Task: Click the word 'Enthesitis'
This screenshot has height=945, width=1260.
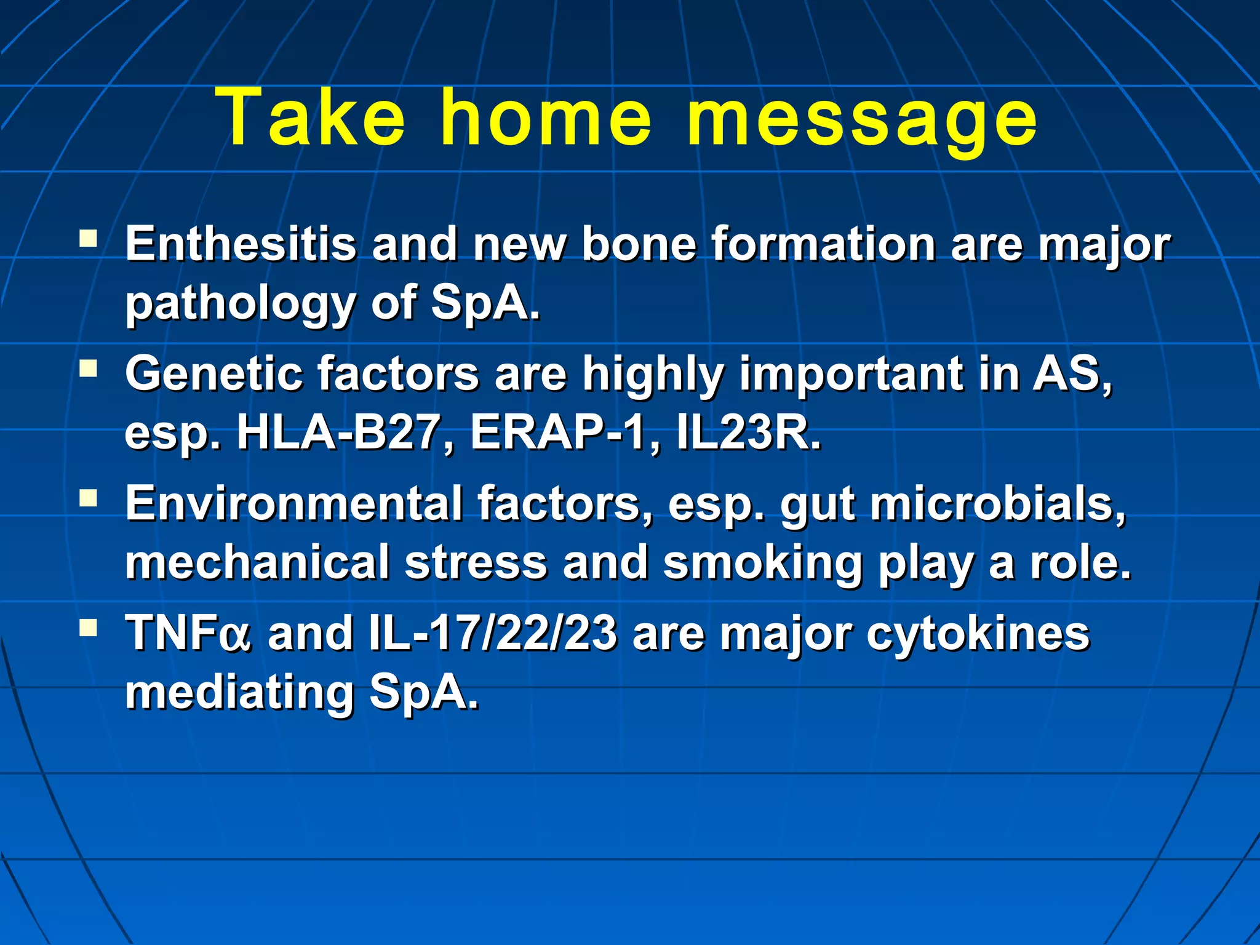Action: coord(241,244)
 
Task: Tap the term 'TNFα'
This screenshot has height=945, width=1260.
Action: coord(188,633)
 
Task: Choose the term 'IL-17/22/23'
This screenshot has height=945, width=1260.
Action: coord(493,633)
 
